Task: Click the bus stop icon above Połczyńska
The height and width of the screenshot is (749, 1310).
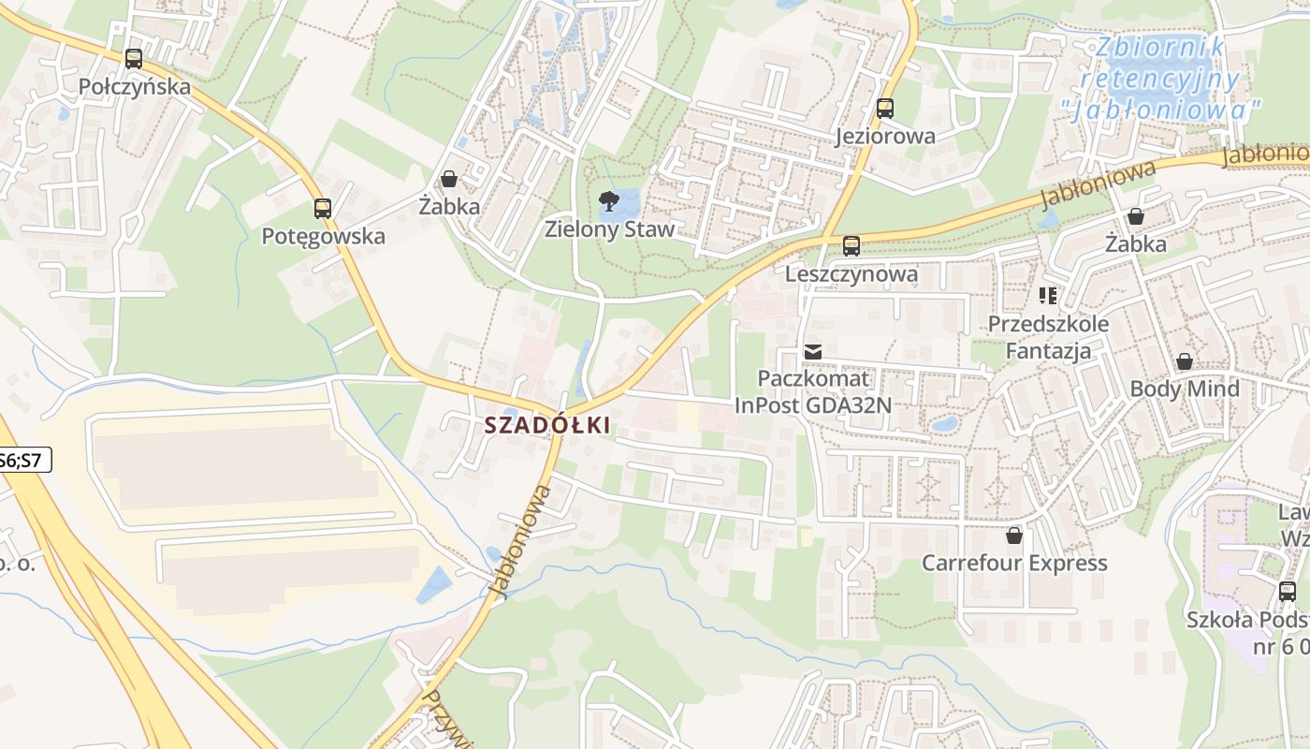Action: coord(134,59)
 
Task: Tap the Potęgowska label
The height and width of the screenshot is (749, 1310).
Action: coord(323,236)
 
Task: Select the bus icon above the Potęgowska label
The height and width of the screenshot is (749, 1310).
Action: coord(323,209)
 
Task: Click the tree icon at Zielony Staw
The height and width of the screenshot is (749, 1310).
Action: coord(609,200)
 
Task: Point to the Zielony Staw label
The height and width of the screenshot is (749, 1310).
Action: coord(609,229)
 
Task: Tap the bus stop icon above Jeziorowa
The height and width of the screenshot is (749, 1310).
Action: coord(885,109)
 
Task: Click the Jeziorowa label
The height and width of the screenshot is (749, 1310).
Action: coord(885,137)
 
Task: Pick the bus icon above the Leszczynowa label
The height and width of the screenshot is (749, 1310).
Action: coord(851,246)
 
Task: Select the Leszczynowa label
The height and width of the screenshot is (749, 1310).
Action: coord(851,275)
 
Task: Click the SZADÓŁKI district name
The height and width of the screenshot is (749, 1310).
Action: coord(547,425)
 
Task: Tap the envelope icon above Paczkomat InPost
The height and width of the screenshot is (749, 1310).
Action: coord(812,352)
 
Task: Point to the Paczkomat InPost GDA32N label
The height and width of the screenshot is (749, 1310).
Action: coord(812,392)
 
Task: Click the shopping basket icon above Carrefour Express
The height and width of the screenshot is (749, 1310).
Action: coord(1014,536)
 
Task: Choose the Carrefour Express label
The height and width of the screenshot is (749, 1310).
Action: coord(1014,564)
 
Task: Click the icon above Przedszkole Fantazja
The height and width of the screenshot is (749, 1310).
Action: coord(1048,297)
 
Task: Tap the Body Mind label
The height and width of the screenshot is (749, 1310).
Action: coord(1185,389)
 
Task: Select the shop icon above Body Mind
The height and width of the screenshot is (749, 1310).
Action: coord(1185,361)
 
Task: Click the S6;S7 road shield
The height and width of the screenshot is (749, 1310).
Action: coord(22,460)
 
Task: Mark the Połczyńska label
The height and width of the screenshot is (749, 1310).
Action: coord(134,87)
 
